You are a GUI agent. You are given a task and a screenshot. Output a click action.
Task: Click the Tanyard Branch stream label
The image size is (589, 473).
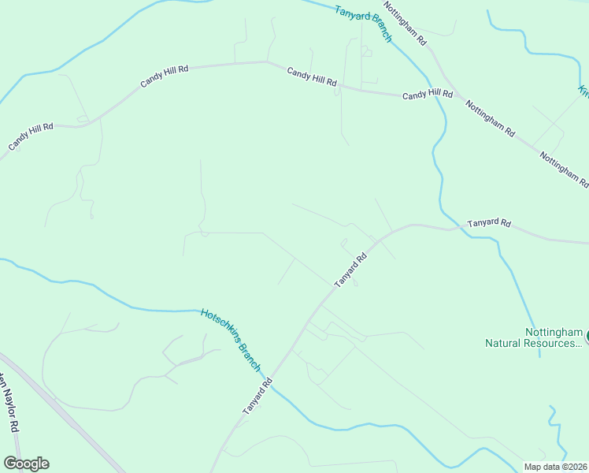tap(363, 24)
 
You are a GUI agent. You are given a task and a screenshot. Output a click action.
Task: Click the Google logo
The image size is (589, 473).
tap(26, 464)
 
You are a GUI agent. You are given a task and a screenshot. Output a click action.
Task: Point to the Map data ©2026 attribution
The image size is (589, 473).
tap(556, 467)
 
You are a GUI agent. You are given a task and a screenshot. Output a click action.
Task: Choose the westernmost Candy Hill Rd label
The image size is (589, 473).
tap(31, 136)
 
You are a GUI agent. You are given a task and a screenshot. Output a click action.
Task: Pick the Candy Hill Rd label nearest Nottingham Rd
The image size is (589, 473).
tap(428, 95)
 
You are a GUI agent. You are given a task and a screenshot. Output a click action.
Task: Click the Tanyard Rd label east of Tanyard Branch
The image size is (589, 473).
tap(489, 224)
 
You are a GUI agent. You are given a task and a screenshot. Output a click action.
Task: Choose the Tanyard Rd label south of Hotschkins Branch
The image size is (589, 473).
tap(257, 397)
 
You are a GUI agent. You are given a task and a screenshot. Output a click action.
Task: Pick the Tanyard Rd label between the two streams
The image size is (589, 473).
tap(351, 270)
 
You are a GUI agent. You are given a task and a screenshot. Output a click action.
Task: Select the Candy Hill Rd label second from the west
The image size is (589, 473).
tap(165, 76)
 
